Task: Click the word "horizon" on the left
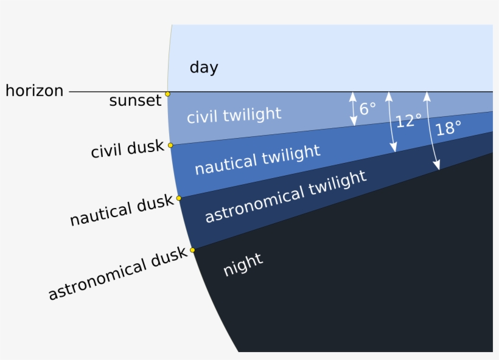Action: click(34, 91)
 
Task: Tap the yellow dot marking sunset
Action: click(167, 94)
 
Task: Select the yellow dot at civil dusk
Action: click(170, 145)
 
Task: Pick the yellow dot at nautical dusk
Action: click(179, 198)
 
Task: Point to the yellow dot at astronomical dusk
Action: click(192, 250)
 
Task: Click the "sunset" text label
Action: click(135, 100)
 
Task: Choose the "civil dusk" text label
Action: click(127, 149)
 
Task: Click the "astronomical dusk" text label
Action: click(117, 274)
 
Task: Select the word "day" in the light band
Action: click(203, 67)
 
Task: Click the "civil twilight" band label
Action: click(234, 115)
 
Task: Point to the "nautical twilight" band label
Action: click(257, 159)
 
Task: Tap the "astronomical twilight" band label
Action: click(285, 196)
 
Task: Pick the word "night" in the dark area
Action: click(243, 265)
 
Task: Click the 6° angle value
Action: click(368, 109)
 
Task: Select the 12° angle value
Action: click(408, 121)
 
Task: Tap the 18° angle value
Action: click(448, 128)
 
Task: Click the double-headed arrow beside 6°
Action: click(352, 109)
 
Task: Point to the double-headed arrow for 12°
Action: click(391, 122)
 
